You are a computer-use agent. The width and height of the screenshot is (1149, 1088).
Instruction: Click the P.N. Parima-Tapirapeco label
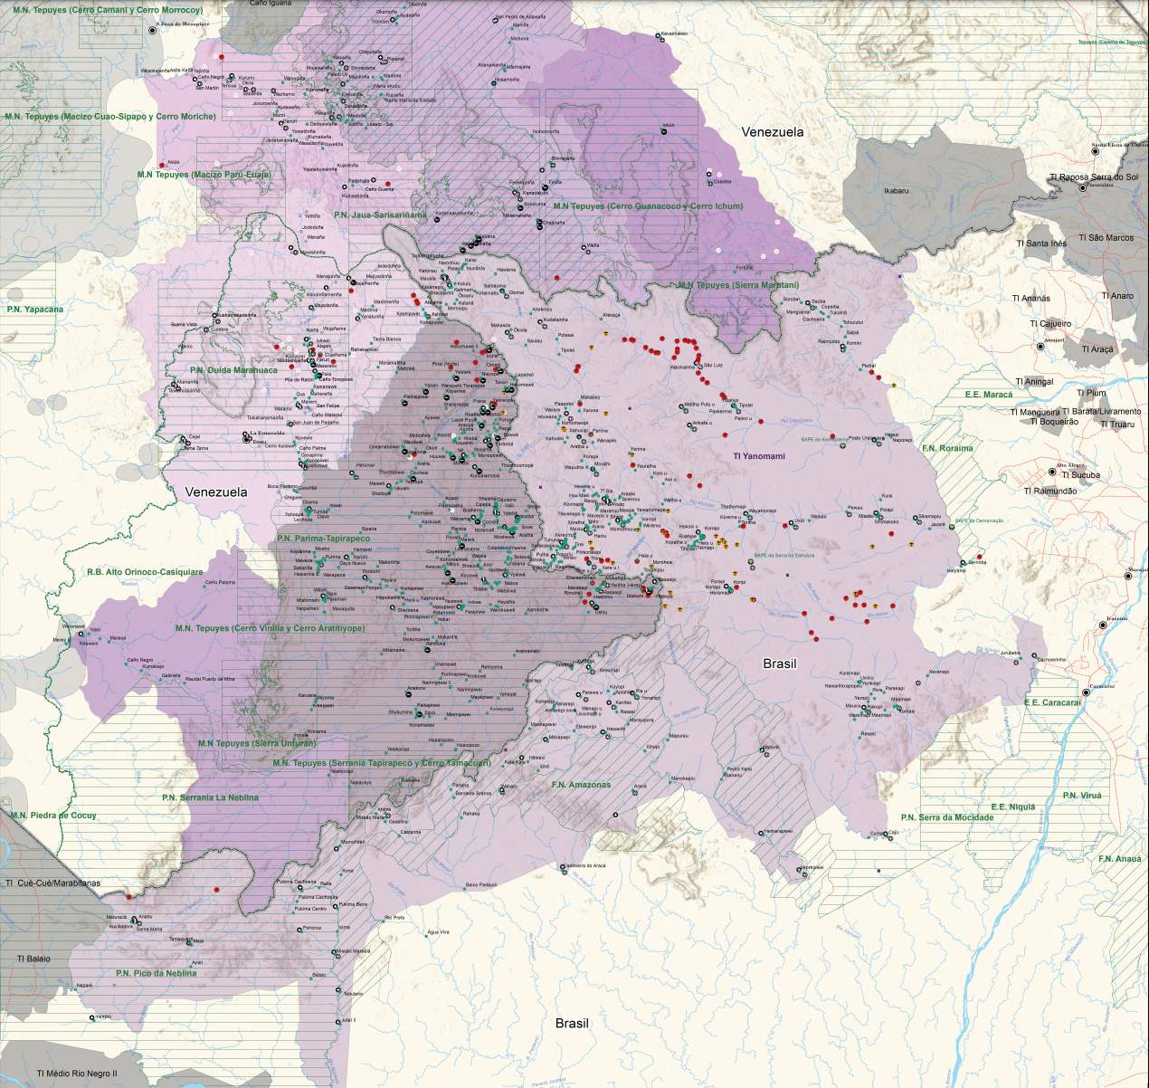(324, 538)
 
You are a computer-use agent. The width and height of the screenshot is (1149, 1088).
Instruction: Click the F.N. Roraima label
(946, 448)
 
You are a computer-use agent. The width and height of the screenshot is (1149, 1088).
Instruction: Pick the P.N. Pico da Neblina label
(155, 973)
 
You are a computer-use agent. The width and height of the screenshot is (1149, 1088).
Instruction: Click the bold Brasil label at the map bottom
(572, 1024)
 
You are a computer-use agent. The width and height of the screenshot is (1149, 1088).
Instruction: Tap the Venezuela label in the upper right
(772, 132)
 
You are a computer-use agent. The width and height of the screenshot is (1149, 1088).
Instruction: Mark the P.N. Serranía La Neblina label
(210, 797)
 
